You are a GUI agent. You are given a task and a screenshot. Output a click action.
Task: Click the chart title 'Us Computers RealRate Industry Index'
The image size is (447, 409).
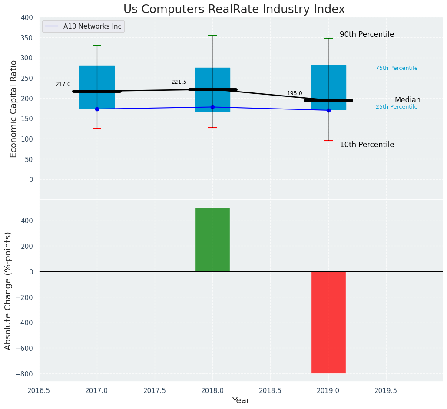(234, 10)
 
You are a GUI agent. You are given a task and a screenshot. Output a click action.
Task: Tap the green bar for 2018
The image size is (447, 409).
(212, 240)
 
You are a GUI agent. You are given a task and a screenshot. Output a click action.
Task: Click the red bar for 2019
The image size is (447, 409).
(328, 322)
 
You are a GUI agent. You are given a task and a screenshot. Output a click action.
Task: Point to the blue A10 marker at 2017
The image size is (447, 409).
(97, 109)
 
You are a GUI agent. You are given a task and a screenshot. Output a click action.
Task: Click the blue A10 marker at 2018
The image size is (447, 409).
(212, 107)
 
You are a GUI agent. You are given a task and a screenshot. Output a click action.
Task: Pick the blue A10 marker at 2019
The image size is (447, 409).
(328, 110)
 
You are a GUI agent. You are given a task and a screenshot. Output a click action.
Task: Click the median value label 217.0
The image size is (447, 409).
(63, 84)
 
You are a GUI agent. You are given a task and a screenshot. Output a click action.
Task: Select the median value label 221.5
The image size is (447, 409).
(179, 82)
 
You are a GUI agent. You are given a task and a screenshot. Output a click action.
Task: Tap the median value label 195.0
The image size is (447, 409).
(295, 93)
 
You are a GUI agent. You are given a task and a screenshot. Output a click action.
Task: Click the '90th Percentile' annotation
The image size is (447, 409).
(367, 34)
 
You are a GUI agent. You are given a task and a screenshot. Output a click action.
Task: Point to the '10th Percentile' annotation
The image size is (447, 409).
(367, 145)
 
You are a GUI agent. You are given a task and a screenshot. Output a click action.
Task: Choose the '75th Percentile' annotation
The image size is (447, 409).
(397, 68)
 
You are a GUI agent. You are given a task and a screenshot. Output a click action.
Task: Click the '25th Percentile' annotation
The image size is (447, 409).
(397, 107)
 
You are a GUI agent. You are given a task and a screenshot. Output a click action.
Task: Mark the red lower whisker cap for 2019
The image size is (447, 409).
(328, 141)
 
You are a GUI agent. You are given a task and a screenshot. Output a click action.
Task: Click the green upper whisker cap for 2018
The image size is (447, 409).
(212, 36)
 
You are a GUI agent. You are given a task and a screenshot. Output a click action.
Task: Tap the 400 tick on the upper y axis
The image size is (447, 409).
(26, 18)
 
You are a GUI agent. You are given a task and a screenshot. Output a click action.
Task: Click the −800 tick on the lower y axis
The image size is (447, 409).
(24, 374)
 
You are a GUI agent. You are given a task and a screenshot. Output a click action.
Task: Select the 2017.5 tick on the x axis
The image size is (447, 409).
(155, 390)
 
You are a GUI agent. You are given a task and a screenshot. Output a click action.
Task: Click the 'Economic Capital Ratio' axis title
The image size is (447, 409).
(14, 109)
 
